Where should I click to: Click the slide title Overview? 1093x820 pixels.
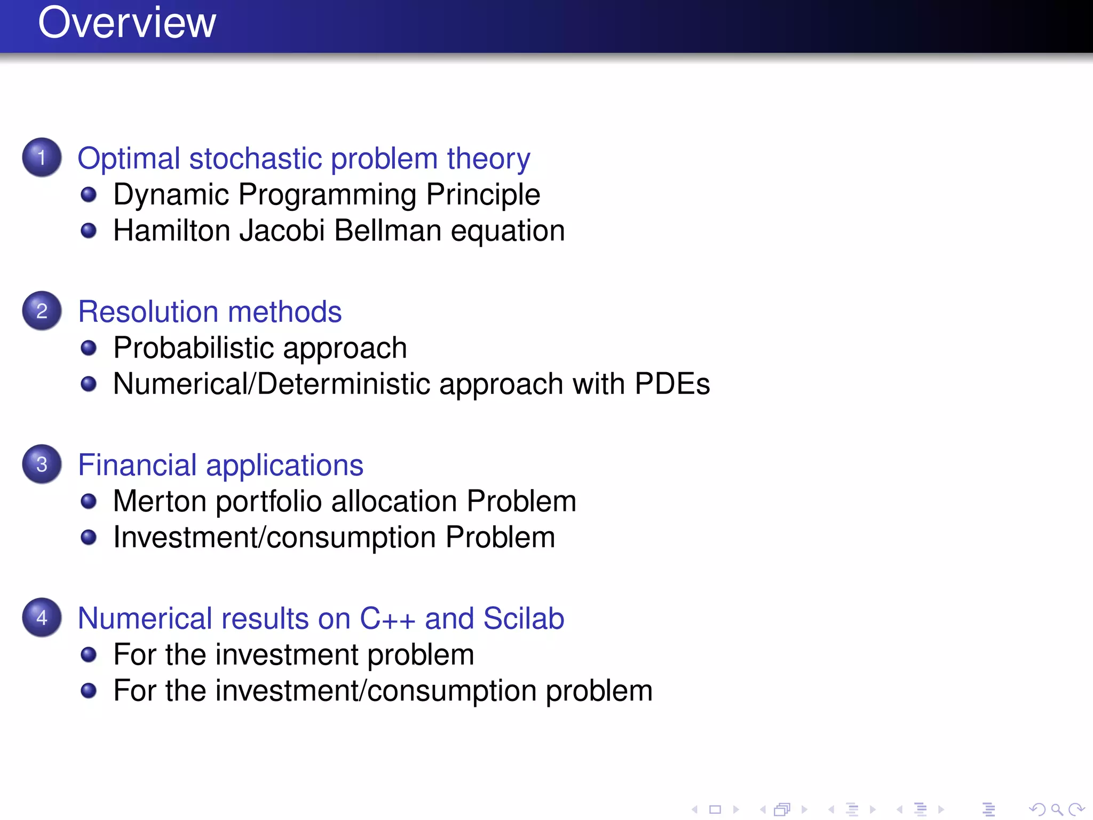coord(127,23)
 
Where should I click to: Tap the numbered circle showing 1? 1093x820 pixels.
coord(42,157)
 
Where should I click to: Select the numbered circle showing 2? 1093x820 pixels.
coord(42,311)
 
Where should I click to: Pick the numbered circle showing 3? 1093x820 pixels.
coord(42,464)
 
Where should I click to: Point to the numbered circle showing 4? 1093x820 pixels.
coord(42,618)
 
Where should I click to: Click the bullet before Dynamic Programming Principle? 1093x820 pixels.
coord(89,194)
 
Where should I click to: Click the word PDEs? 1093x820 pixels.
coord(672,384)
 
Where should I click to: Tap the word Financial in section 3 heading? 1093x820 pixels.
coord(137,465)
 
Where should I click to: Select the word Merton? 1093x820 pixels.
coord(160,501)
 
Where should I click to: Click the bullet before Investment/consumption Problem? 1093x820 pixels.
coord(89,537)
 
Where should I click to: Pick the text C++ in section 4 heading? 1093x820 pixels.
coord(387,619)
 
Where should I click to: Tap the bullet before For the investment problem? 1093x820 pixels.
coord(89,655)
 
